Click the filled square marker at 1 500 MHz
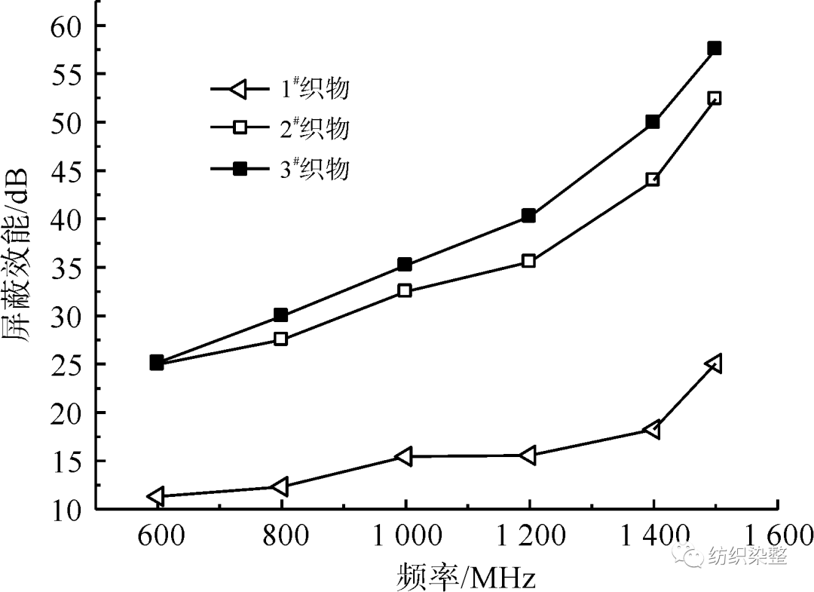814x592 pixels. [715, 48]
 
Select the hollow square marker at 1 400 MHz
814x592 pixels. [653, 179]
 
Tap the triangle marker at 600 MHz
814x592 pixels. [157, 496]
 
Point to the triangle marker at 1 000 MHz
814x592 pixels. [404, 456]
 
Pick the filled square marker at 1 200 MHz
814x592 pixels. [528, 216]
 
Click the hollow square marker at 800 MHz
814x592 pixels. [280, 339]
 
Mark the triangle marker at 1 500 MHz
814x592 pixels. [713, 363]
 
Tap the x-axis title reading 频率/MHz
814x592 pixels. [465, 577]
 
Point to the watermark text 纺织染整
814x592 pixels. [747, 557]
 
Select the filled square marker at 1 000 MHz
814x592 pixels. [405, 265]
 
